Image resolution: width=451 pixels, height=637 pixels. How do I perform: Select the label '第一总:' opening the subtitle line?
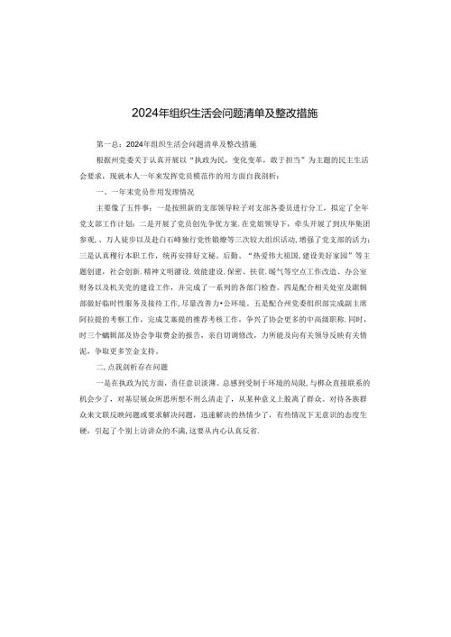click(107, 143)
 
